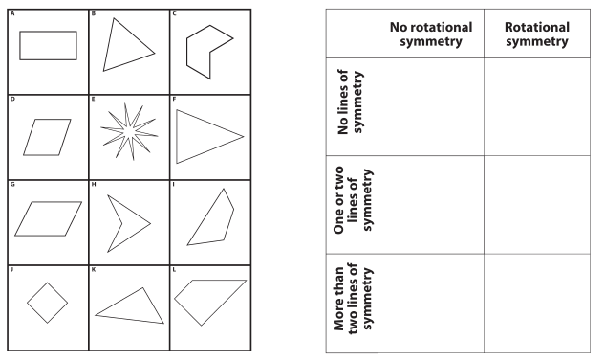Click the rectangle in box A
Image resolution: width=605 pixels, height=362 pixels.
pyautogui.click(x=48, y=45)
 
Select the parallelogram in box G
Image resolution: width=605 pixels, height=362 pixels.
pyautogui.click(x=49, y=219)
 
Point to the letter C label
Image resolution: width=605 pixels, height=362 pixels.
pyautogui.click(x=174, y=13)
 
